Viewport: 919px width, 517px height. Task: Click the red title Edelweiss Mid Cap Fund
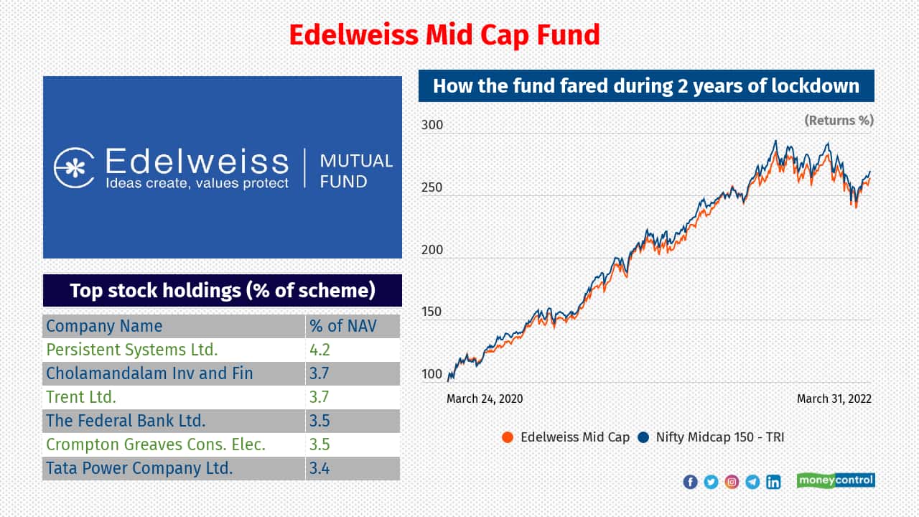444,34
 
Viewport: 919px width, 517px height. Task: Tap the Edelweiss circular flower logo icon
74,168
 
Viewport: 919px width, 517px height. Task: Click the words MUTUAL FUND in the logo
356,170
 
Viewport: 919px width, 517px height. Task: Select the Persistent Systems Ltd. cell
131,350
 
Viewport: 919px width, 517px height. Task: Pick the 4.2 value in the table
319,350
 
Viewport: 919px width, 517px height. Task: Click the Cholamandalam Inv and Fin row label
149,373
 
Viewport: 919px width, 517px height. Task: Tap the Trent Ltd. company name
81,397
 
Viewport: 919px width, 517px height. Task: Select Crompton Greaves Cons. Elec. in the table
156,444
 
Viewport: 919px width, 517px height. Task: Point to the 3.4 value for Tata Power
319,469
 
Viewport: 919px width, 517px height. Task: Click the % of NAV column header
343,326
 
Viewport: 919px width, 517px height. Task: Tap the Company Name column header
104,326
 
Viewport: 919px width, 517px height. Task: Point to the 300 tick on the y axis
432,125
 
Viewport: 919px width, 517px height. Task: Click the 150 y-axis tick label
432,312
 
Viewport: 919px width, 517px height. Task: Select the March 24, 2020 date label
485,399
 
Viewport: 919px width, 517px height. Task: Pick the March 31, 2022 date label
834,399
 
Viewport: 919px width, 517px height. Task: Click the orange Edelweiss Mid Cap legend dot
508,437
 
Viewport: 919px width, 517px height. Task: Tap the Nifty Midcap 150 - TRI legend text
720,437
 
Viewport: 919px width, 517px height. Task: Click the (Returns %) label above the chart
839,120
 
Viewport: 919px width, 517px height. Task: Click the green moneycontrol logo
836,480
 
